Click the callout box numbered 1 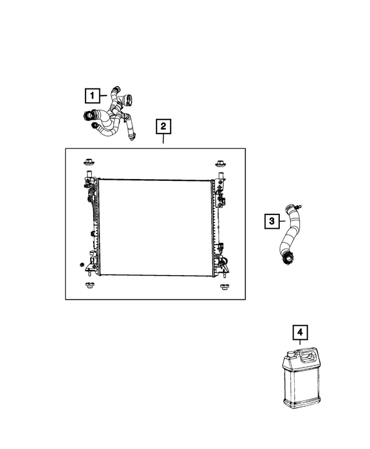tap(92, 96)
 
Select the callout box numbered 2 tap(163, 127)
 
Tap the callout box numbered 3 tap(272, 221)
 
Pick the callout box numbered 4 tap(300, 332)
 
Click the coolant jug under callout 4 tap(301, 378)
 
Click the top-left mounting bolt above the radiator tap(89, 162)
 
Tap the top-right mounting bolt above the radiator tap(220, 164)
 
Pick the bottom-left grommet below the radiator tap(89, 285)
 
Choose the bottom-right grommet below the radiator tap(224, 287)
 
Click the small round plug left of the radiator tap(82, 265)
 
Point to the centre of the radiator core tap(155, 228)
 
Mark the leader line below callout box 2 tap(163, 139)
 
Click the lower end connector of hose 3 tap(287, 258)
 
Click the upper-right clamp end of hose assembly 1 tap(127, 99)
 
